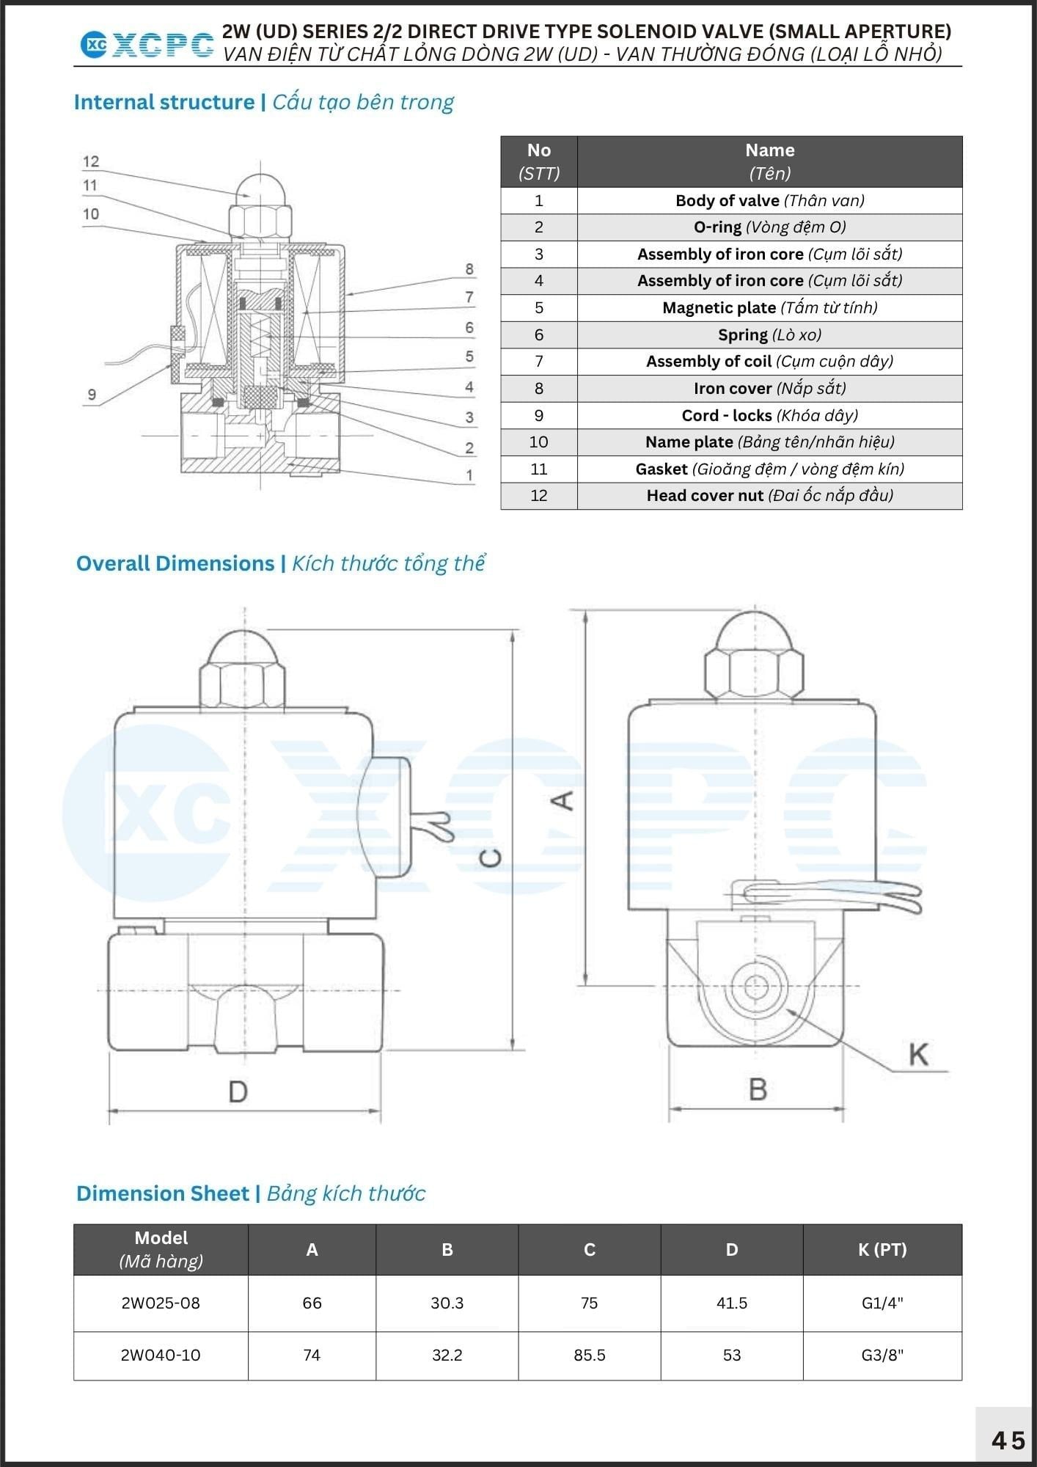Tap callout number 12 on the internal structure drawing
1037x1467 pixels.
pyautogui.click(x=91, y=161)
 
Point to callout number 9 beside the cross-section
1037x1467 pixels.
pyautogui.click(x=92, y=395)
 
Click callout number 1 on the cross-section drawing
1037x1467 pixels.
pyautogui.click(x=469, y=475)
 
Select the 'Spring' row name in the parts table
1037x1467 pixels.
pyautogui.click(x=769, y=334)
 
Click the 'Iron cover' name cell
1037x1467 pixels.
pyautogui.click(x=769, y=388)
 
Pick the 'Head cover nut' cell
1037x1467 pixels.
pyautogui.click(x=769, y=496)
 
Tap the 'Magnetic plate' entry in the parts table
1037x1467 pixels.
pyautogui.click(x=769, y=307)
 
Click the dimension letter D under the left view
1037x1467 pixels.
pyautogui.click(x=238, y=1092)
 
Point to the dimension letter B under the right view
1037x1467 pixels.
pyautogui.click(x=758, y=1089)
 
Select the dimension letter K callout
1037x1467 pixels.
pyautogui.click(x=918, y=1055)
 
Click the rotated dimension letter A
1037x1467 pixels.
pyautogui.click(x=563, y=800)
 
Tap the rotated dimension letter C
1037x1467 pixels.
pyautogui.click(x=491, y=857)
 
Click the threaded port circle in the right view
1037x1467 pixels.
pyautogui.click(x=758, y=986)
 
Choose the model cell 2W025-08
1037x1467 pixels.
pyautogui.click(x=161, y=1303)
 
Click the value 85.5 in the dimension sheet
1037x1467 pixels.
pyautogui.click(x=590, y=1355)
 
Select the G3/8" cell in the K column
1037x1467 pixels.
pyautogui.click(x=882, y=1355)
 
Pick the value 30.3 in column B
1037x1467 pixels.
pyautogui.click(x=447, y=1303)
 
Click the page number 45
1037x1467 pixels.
pyautogui.click(x=1008, y=1440)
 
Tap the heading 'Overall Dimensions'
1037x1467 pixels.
pyautogui.click(x=175, y=563)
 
